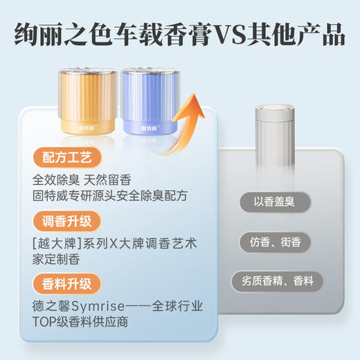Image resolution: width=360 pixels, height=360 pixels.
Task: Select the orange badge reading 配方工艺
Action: click(x=66, y=157)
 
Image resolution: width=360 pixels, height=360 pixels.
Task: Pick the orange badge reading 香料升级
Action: click(x=66, y=283)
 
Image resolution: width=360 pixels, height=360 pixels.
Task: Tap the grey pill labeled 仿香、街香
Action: click(x=274, y=242)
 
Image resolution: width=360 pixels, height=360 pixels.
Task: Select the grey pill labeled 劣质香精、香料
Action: click(x=274, y=281)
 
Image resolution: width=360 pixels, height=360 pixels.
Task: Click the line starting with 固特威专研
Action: click(x=109, y=196)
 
